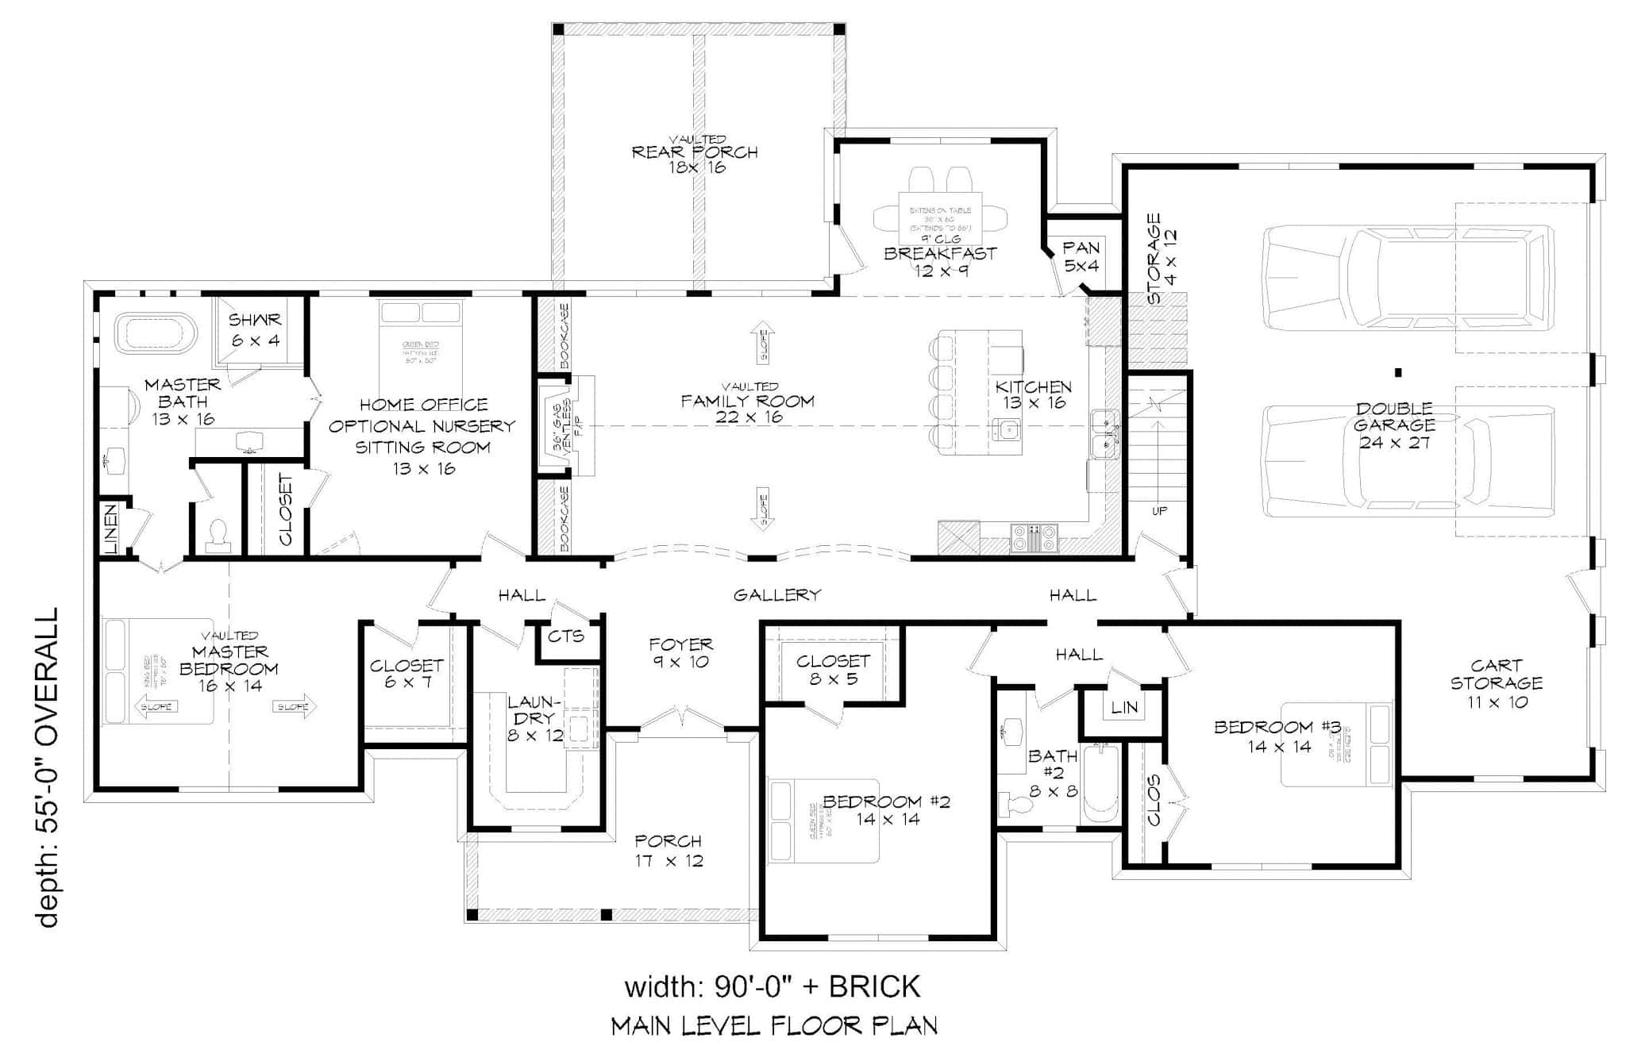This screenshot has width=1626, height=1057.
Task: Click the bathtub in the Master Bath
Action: [x=156, y=333]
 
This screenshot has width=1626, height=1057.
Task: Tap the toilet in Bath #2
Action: [x=1015, y=805]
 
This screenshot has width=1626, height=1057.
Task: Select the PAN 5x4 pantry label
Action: [x=1081, y=257]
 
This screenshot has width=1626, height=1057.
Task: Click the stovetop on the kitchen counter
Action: [x=1035, y=539]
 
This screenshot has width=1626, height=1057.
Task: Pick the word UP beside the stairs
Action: [x=1159, y=511]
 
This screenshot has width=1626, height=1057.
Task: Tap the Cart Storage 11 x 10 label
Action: [x=1496, y=683]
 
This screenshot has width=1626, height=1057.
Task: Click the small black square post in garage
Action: [x=1398, y=372]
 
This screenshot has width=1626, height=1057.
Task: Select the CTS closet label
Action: [x=566, y=636]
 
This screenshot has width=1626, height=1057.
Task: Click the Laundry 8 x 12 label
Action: [x=535, y=719]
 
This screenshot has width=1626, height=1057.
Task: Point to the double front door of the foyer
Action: [x=682, y=717]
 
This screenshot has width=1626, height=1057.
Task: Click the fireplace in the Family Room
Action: [x=565, y=425]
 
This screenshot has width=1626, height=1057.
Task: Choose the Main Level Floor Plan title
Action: [x=774, y=1025]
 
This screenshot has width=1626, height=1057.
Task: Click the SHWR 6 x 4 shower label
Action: [x=255, y=330]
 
